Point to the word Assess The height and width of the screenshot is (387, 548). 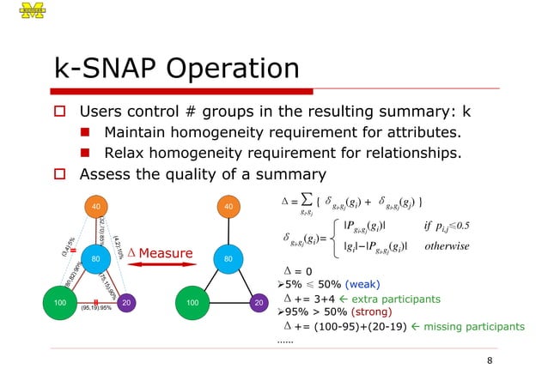click(x=106, y=174)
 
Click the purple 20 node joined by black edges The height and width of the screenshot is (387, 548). click(x=257, y=303)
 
